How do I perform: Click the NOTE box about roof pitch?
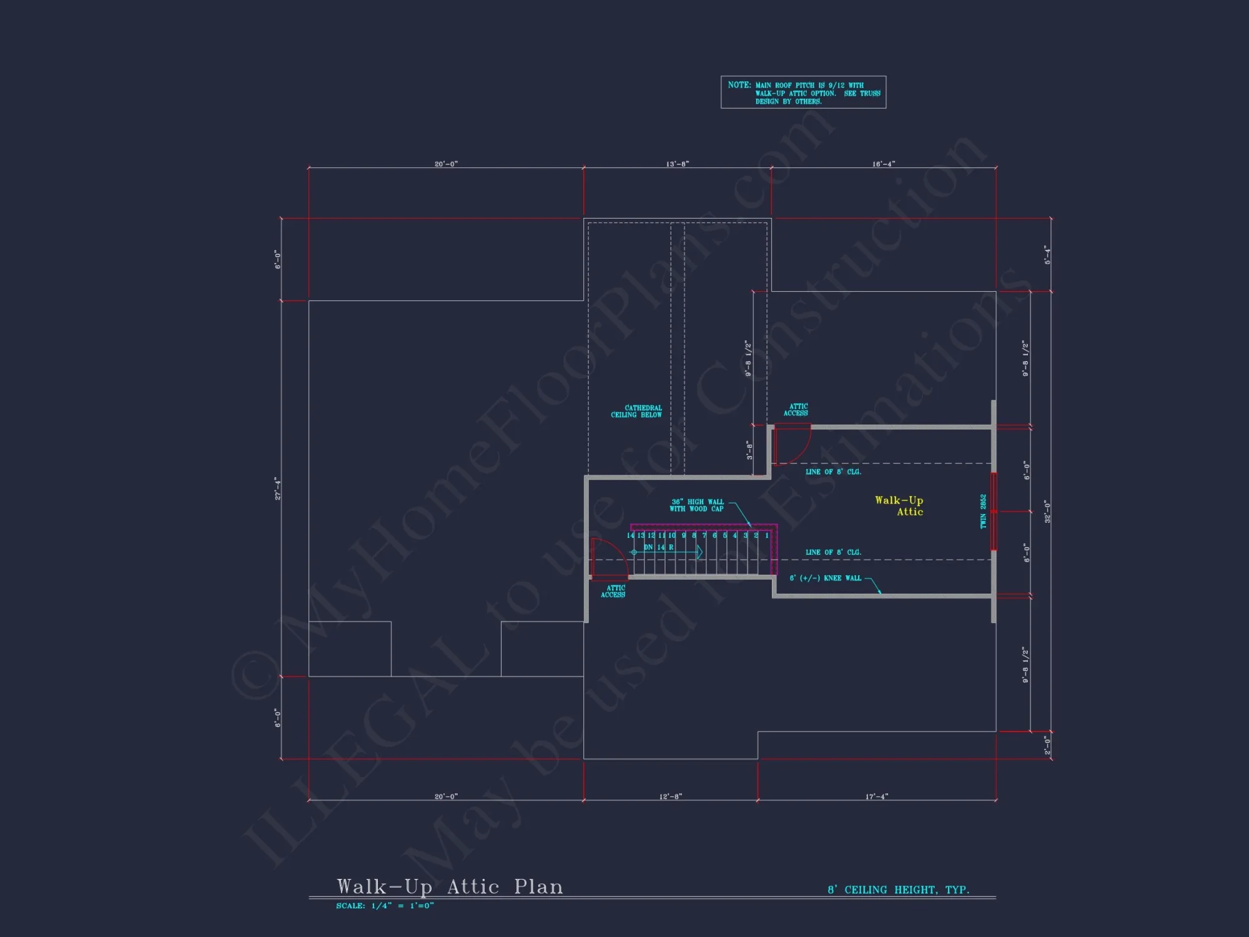(x=803, y=92)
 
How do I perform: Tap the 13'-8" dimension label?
(x=677, y=164)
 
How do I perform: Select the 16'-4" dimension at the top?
(x=883, y=164)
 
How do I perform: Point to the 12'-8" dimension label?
(x=670, y=796)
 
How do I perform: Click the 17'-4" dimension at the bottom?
(x=876, y=796)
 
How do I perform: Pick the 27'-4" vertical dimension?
(x=278, y=488)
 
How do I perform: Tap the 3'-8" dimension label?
(x=749, y=450)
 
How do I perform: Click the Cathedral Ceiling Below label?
(x=636, y=411)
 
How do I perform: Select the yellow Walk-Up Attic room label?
(x=899, y=505)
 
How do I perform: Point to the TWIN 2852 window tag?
(x=983, y=511)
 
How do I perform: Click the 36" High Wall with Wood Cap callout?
(x=697, y=505)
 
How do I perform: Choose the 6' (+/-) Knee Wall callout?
(x=825, y=578)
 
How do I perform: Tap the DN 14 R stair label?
(x=659, y=547)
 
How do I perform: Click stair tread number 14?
(x=630, y=535)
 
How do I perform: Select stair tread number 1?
(x=767, y=535)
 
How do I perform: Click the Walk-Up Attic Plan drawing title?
(x=450, y=886)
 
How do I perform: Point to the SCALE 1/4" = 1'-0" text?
(x=385, y=906)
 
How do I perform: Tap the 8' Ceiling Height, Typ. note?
(x=898, y=890)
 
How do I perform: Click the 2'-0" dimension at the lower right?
(x=1047, y=745)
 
